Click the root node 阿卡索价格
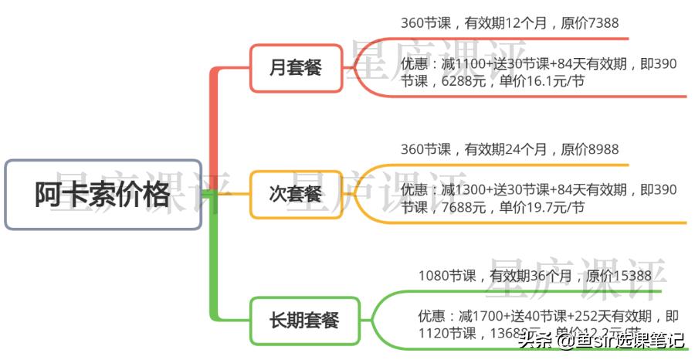(x=103, y=195)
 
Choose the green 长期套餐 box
(x=304, y=319)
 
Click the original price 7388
(x=603, y=24)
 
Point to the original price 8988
(x=603, y=149)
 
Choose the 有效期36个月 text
(x=528, y=276)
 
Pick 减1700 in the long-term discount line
(x=480, y=316)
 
